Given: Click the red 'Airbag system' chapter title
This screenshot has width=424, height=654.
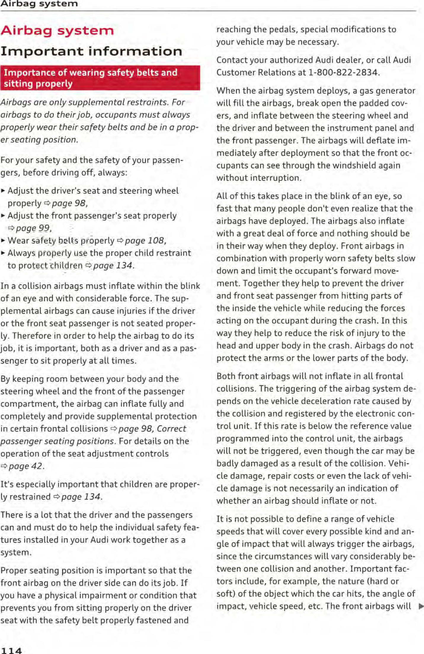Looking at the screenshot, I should pos(57,31).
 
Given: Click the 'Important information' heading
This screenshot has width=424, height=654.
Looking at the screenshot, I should pos(91,51).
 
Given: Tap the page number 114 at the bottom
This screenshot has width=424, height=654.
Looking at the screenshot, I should pos(11,650).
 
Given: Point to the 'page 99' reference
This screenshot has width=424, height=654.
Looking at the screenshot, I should pos(33,228).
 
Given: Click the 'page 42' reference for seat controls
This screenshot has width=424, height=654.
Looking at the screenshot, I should pos(25,466).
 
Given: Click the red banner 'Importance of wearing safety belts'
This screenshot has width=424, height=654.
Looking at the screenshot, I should pos(100,78).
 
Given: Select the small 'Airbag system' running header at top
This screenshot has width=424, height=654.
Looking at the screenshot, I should pos(39,4).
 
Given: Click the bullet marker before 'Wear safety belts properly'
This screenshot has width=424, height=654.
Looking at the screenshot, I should pos(3,241).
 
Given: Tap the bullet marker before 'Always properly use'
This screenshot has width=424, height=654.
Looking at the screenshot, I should pos(3,253).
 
